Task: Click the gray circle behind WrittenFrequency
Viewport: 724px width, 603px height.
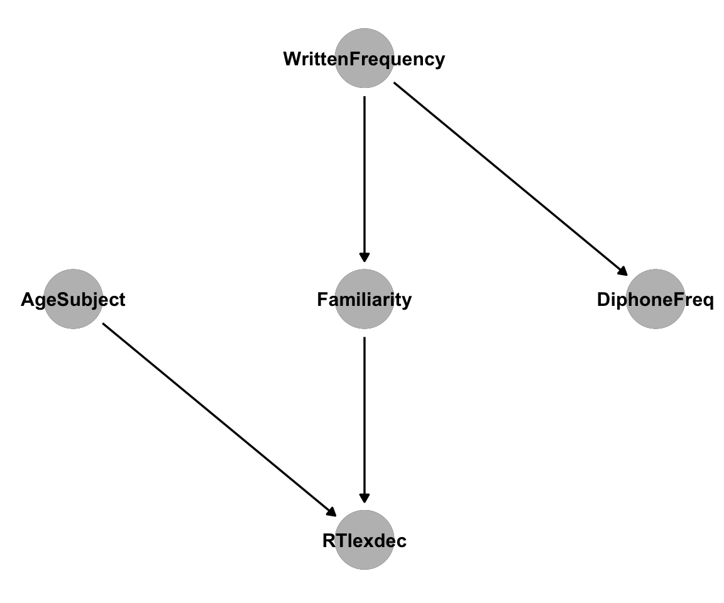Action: tap(365, 58)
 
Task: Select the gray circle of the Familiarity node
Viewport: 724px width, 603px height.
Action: tap(365, 299)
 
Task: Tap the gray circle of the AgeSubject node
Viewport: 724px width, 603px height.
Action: tap(74, 299)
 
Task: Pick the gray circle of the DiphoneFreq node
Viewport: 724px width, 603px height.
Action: tap(655, 299)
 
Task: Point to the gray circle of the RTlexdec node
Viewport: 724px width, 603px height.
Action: tap(365, 540)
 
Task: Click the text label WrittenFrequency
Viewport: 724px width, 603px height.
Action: tap(365, 60)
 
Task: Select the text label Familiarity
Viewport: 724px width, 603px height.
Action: tap(365, 300)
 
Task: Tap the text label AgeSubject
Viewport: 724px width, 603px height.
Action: tap(73, 300)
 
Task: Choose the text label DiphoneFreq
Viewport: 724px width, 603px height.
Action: tap(655, 300)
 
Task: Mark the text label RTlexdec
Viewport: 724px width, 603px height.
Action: tap(365, 541)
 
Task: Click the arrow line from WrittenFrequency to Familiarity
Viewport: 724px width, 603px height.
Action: tap(365, 179)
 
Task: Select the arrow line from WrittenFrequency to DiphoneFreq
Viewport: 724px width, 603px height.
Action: tap(511, 179)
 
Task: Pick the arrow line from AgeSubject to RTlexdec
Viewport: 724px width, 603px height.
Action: tap(219, 420)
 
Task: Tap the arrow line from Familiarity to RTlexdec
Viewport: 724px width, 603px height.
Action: tap(365, 420)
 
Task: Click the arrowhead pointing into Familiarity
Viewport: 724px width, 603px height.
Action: tap(365, 258)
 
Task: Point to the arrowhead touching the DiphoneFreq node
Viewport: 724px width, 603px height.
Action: tap(622, 271)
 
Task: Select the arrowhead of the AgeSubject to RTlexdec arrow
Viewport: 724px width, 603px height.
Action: tap(331, 512)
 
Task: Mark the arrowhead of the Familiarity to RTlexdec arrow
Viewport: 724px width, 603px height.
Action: tap(365, 498)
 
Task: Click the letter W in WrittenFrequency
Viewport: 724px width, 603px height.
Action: tap(292, 58)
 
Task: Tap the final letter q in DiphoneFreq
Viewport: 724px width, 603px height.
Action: tap(708, 302)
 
